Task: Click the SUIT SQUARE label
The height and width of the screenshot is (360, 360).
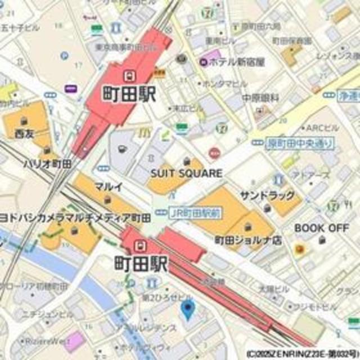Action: tap(186, 173)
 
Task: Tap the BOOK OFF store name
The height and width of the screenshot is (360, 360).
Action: tap(322, 228)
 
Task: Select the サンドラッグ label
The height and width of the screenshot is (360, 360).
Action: tap(267, 196)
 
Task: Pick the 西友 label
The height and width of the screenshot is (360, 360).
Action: tap(24, 134)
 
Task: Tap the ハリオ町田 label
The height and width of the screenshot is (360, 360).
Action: tap(47, 164)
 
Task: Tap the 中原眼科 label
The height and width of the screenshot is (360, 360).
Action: tap(260, 98)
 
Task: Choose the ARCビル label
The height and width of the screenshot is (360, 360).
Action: tap(322, 128)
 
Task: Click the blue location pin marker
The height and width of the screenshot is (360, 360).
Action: tap(187, 308)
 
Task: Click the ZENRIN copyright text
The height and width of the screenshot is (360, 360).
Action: tap(302, 354)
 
